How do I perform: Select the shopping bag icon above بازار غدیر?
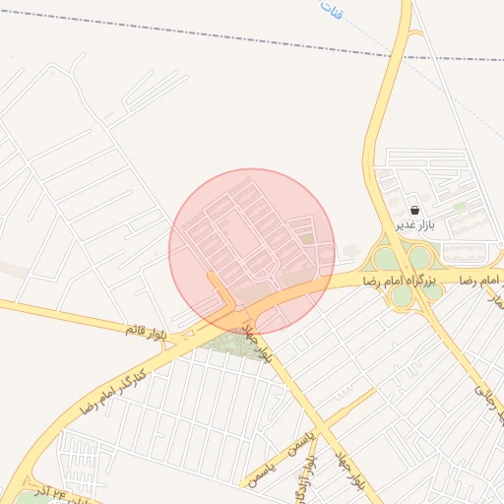point(413,210)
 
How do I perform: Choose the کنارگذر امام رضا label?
point(112,388)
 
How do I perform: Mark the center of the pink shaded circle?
point(251,251)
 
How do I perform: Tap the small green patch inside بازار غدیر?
point(460,206)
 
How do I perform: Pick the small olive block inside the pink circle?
point(307,238)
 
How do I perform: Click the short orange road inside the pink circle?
point(220,291)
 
